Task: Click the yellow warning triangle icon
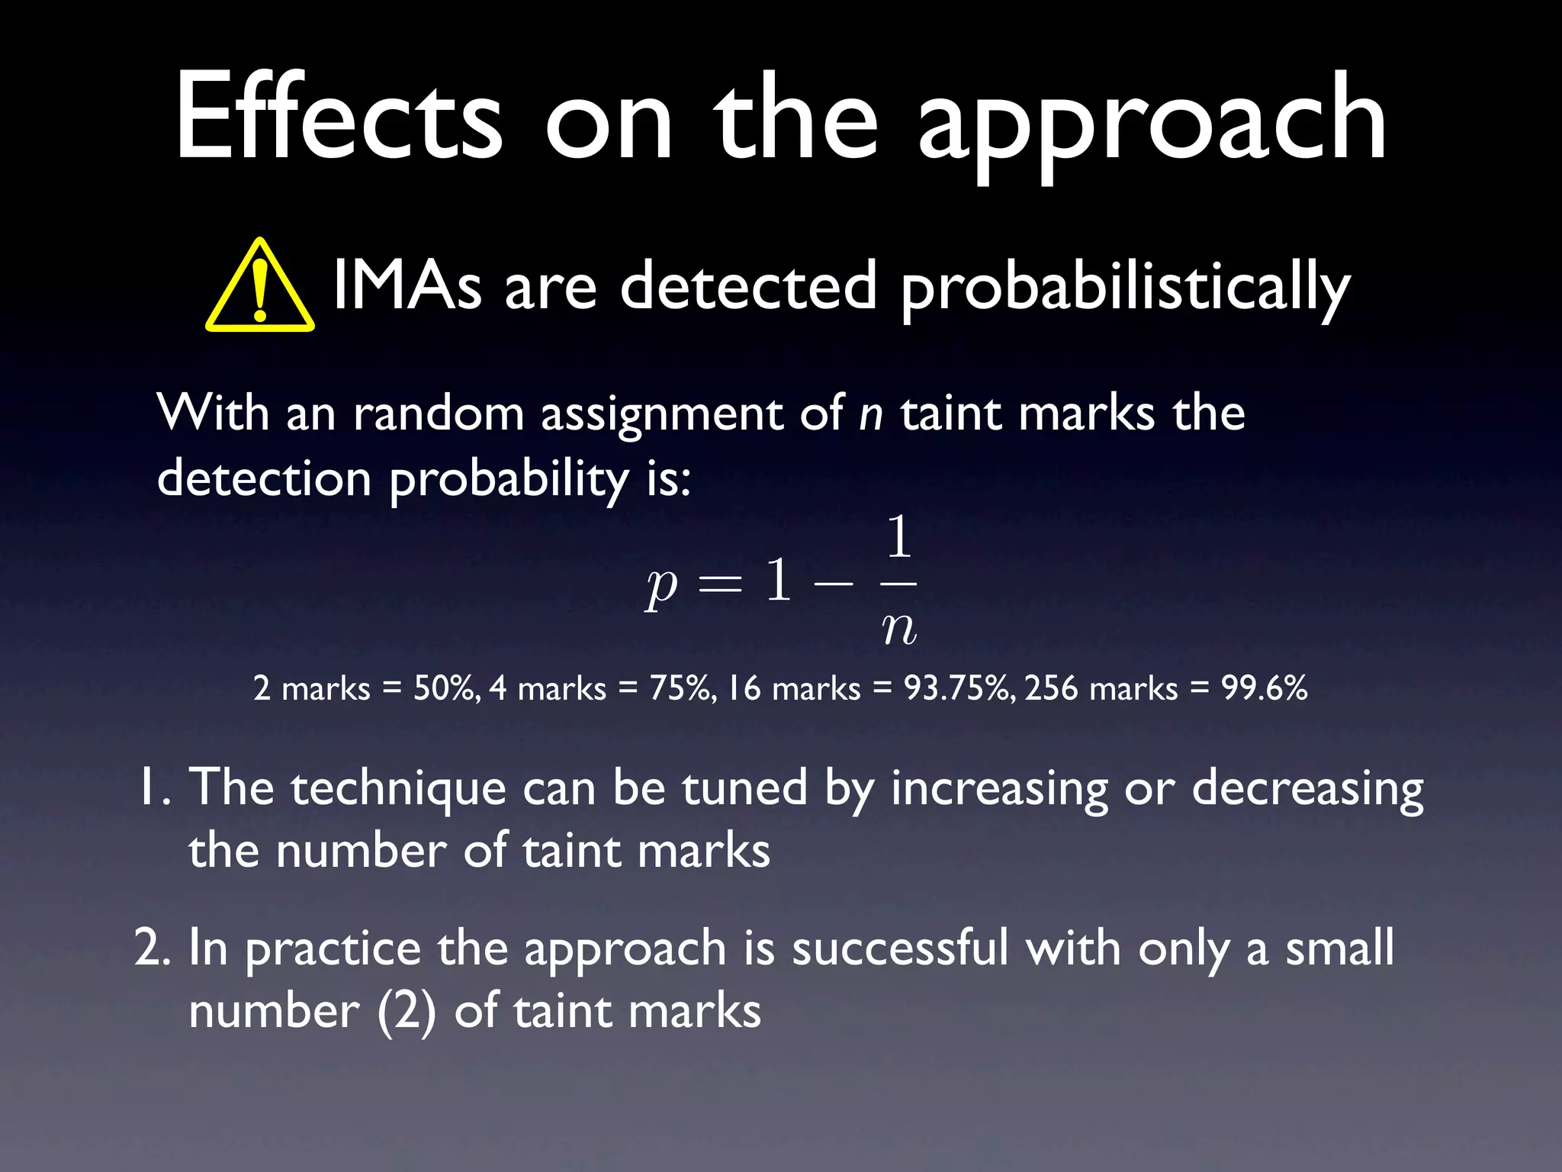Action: [x=260, y=288]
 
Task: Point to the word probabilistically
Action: [x=1125, y=288]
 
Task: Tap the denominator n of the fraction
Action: [x=899, y=630]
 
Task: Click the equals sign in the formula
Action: [x=720, y=584]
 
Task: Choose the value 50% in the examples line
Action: [x=446, y=688]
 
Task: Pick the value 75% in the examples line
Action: [x=682, y=688]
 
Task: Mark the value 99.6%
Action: [x=1265, y=688]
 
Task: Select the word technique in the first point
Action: [x=398, y=789]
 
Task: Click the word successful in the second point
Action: [x=900, y=948]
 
